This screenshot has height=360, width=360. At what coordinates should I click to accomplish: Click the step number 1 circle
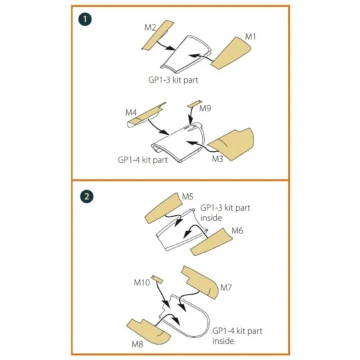tap(85, 19)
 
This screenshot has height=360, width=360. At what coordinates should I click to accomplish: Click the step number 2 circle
tap(87, 197)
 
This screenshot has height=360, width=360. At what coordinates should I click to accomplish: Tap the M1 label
tap(250, 37)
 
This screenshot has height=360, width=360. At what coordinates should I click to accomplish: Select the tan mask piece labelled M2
tap(158, 35)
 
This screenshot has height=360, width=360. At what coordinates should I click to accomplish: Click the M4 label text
tap(131, 113)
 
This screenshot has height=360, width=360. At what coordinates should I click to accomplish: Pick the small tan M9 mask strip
tap(195, 104)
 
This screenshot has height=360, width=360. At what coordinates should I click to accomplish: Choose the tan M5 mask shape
tap(163, 209)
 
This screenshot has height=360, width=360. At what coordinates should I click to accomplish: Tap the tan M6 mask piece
tap(211, 242)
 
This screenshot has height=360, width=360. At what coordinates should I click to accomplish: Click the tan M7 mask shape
tap(201, 282)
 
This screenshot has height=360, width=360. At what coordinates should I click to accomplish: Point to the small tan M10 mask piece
tap(157, 279)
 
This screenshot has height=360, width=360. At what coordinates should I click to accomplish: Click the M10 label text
tap(141, 283)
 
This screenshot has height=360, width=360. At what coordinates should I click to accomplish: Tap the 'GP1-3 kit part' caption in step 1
tap(173, 80)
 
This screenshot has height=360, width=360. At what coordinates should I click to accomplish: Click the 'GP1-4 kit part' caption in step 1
tap(143, 159)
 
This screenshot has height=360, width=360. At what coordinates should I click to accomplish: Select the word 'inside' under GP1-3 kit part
tap(211, 217)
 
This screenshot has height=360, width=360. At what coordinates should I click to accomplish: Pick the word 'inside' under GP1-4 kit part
tap(223, 341)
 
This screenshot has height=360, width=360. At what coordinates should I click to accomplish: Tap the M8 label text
tap(137, 344)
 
